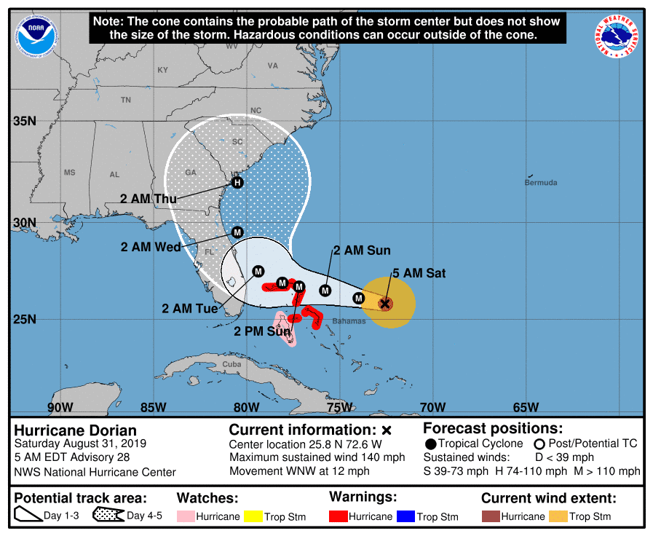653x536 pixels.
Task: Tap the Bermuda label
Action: tap(541, 182)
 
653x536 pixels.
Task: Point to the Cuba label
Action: tap(231, 364)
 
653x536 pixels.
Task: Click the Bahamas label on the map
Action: tap(349, 321)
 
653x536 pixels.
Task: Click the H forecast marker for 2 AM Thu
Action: tap(237, 183)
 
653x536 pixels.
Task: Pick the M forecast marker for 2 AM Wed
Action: tap(237, 232)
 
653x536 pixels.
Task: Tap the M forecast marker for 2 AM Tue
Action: tap(258, 272)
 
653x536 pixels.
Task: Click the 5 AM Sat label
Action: tap(419, 274)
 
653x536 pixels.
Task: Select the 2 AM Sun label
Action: tap(362, 251)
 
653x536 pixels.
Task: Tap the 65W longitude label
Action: tap(526, 407)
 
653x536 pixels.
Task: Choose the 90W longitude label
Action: tap(60, 407)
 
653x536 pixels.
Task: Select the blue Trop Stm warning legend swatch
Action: tap(405, 516)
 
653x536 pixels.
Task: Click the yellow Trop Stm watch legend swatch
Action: tap(253, 516)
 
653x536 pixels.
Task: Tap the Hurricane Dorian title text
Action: tap(76, 430)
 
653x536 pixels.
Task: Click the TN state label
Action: tap(126, 100)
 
